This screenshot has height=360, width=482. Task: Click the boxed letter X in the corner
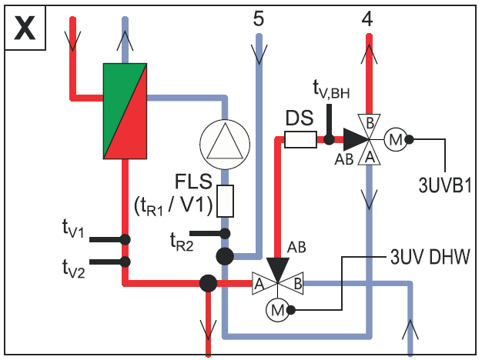tap(25, 28)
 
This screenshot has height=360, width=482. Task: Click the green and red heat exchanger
tap(125, 111)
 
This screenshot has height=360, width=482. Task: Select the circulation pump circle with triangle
tap(225, 145)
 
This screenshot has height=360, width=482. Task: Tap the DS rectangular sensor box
tap(300, 139)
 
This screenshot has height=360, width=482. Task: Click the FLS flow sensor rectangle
tap(225, 201)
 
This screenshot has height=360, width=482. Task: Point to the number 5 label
tap(259, 18)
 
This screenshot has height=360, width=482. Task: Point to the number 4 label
tap(367, 18)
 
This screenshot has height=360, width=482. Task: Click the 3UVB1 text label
tap(445, 185)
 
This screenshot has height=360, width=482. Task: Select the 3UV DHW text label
tap(430, 256)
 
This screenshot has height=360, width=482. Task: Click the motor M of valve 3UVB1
tap(396, 140)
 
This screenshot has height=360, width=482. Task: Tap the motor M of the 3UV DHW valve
tap(278, 310)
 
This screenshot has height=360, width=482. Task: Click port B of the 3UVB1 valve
tap(369, 124)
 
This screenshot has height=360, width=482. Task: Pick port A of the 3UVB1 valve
tap(369, 156)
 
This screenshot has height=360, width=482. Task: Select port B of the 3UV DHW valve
tap(295, 283)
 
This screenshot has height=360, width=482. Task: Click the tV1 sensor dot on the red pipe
tap(125, 239)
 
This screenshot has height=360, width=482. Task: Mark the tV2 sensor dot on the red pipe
tap(125, 262)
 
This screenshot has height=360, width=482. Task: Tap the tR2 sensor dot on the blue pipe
tap(225, 233)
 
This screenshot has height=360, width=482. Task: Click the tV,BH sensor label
tap(331, 89)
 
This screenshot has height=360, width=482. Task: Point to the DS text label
tap(300, 118)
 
